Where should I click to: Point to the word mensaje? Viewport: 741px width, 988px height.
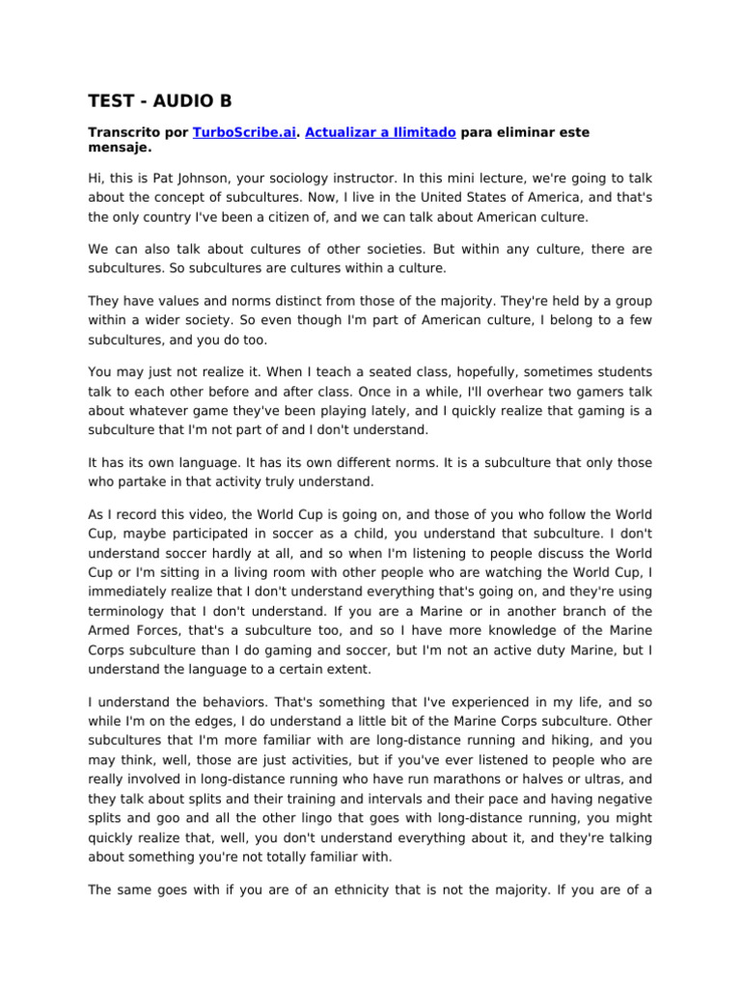click(119, 150)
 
